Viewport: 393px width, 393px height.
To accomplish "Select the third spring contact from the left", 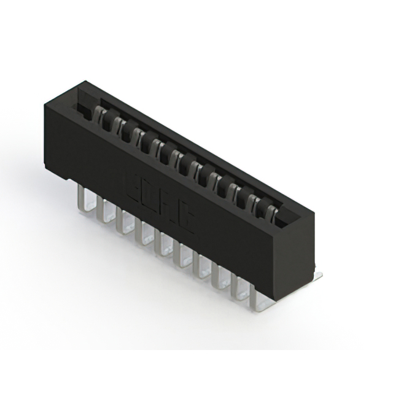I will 137,133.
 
